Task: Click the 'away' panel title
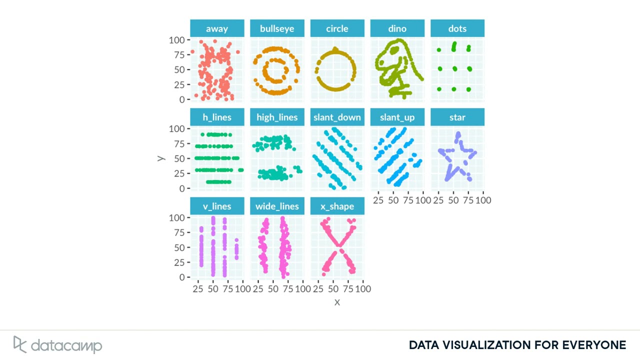217,28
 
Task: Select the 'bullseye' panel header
277,28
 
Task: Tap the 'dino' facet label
397,28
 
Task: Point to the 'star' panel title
457,117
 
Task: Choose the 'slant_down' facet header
337,117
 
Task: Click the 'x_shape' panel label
337,206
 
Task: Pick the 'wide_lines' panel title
277,206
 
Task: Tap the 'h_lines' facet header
217,117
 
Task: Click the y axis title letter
161,158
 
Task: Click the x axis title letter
337,302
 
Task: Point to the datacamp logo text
66,345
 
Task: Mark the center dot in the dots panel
454,69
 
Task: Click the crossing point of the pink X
338,247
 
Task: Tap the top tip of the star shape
458,133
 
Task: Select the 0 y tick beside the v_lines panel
182,277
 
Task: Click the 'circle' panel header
337,28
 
